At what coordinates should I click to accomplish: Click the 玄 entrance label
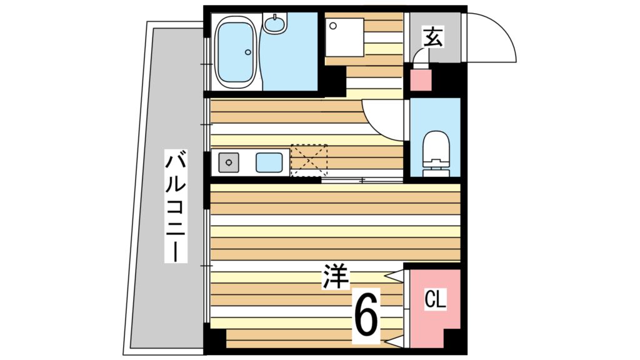432,37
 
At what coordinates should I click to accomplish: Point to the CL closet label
435,300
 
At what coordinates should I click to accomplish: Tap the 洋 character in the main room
336,277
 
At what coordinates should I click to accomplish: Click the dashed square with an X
309,160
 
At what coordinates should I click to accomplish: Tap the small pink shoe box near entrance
420,81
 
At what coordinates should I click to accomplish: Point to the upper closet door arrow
394,276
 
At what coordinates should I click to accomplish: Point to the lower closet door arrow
394,342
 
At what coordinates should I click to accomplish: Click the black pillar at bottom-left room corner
216,341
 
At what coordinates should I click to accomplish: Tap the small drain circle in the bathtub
248,52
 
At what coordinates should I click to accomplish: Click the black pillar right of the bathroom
333,81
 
